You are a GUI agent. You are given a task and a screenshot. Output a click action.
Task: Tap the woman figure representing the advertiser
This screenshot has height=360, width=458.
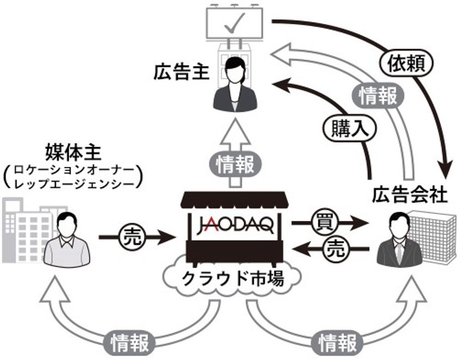click(235, 85)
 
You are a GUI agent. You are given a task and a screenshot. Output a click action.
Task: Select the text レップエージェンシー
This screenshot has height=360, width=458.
click(73, 185)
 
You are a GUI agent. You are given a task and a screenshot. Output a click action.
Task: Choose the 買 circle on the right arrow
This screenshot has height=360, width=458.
click(321, 222)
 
